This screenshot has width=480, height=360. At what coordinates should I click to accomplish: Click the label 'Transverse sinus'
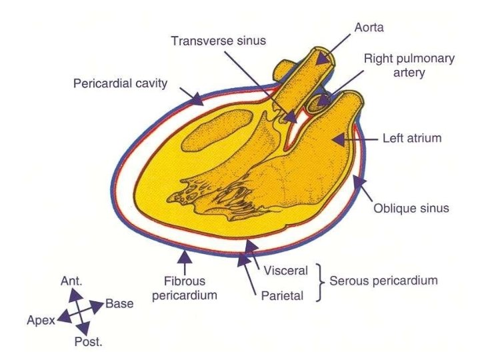coord(218,41)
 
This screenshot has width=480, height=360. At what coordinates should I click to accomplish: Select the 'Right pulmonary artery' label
coord(409,65)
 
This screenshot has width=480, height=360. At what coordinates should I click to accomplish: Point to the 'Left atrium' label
coord(407,139)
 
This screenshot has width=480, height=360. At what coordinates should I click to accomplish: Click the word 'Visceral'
coord(285,271)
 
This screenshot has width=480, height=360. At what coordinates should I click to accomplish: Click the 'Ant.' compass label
coord(71,280)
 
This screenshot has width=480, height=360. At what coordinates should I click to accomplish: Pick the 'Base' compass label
coord(119,304)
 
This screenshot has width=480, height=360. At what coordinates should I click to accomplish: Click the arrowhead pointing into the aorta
coord(323,59)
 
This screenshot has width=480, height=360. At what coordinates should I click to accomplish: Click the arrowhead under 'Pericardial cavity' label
coord(197,101)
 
